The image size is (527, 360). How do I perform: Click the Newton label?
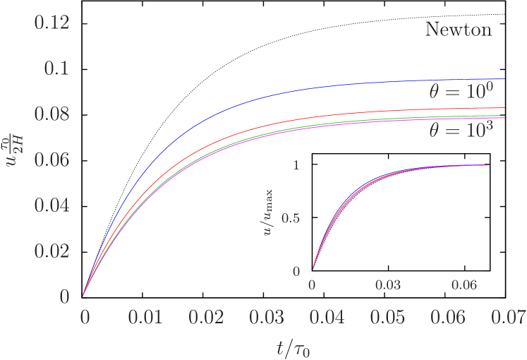click(458, 30)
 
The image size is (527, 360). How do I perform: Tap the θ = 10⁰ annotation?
click(461, 92)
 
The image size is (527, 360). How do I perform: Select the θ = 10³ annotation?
click(461, 130)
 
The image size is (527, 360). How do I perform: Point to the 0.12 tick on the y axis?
click(52, 23)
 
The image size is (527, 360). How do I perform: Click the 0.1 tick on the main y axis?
click(58, 69)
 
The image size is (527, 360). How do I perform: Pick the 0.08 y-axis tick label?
click(52, 114)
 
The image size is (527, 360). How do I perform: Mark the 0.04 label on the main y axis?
click(52, 205)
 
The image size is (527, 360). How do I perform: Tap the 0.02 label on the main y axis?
click(52, 251)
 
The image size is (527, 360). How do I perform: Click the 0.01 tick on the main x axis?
click(145, 317)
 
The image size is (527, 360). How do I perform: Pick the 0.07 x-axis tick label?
click(509, 317)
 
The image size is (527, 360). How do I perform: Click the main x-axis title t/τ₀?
click(294, 347)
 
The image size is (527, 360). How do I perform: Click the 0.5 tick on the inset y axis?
click(291, 218)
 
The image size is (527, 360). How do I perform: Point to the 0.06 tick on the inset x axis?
click(464, 285)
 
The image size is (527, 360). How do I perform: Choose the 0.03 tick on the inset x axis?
click(388, 285)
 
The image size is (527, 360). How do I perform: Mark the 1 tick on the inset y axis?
click(296, 165)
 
